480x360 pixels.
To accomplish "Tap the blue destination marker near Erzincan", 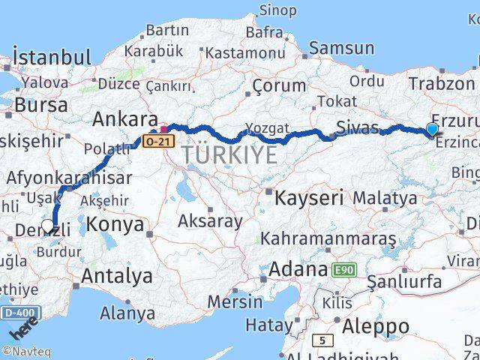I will (433, 130).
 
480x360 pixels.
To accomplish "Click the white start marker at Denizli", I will (48, 225).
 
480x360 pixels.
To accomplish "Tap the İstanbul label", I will (52, 57).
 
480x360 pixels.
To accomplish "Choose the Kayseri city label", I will (308, 198).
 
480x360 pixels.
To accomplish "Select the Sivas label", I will (357, 127).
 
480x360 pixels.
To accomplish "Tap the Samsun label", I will (341, 48).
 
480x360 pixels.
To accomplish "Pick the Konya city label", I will (115, 223).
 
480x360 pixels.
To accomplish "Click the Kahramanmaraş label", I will (328, 239).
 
